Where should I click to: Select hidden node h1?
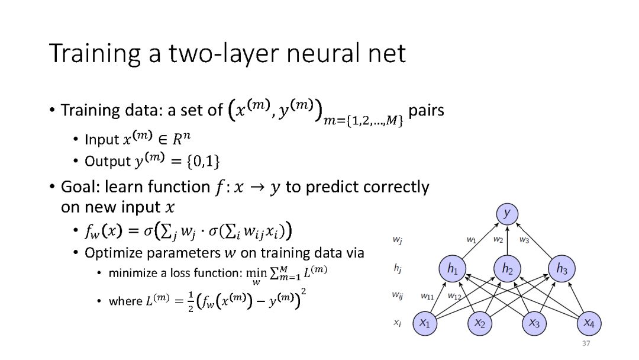tap(453, 269)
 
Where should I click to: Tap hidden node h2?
tap(507, 269)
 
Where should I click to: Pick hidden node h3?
tap(561, 269)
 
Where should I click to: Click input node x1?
tap(425, 323)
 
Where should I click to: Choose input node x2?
tap(480, 323)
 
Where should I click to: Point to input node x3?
tap(534, 323)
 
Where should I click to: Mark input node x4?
tap(589, 323)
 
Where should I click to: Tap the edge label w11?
tap(428, 295)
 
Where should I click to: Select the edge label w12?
tap(454, 295)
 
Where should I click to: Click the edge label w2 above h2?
tap(498, 240)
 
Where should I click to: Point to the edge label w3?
tap(524, 240)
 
